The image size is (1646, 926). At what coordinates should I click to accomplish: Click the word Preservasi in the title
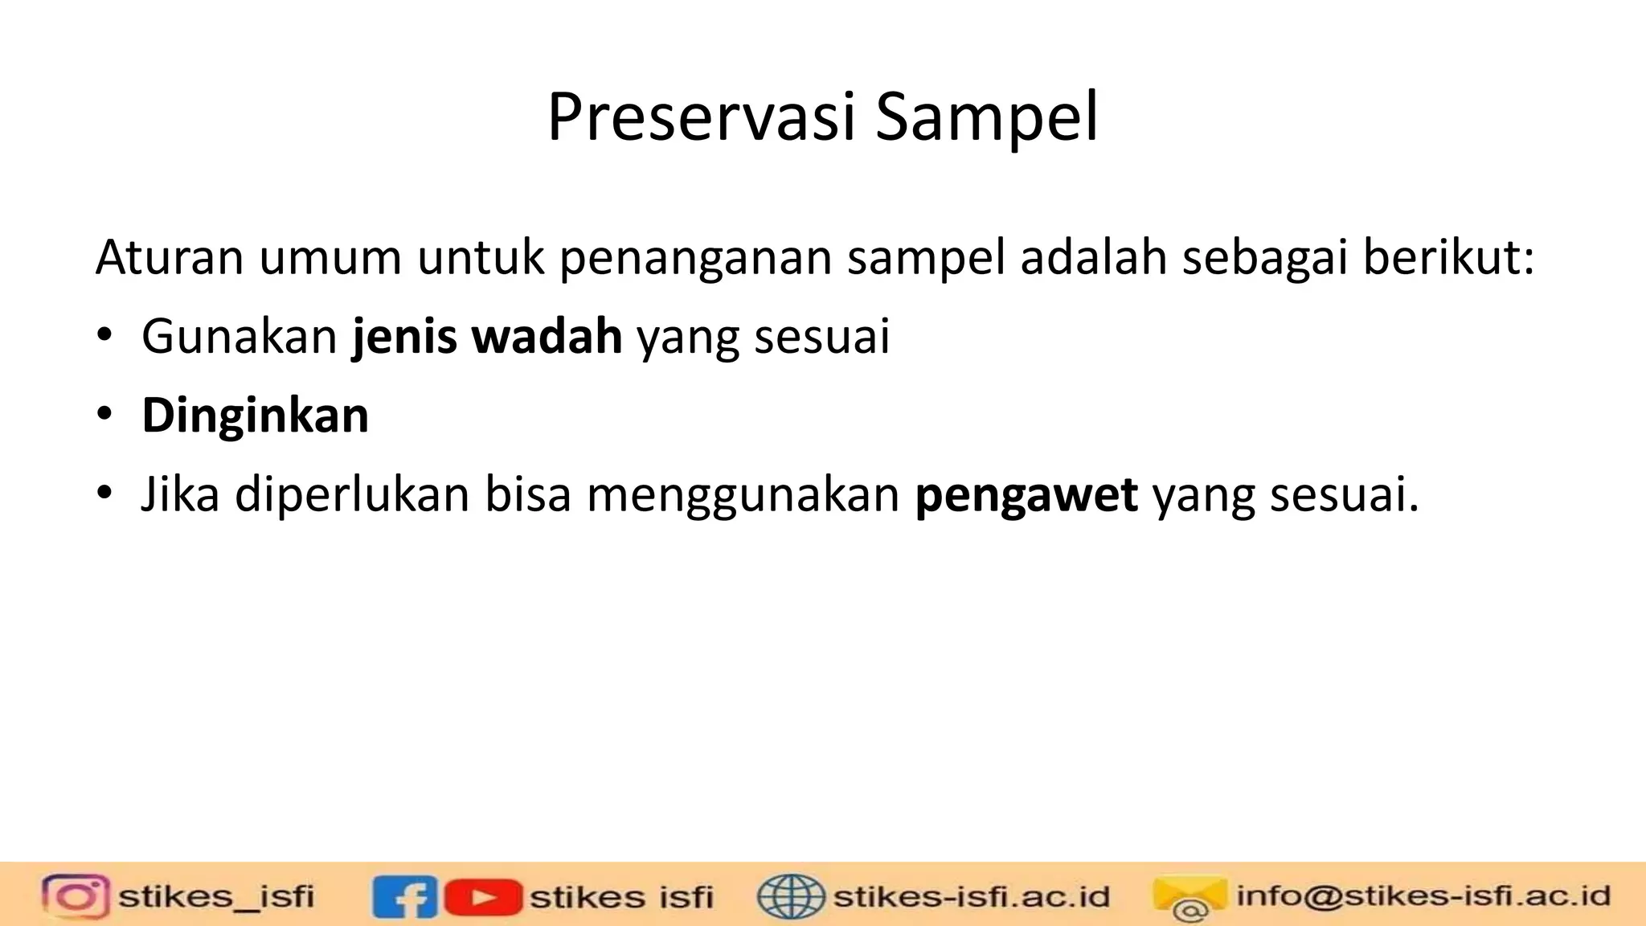pos(701,117)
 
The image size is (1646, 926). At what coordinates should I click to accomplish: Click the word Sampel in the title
pos(986,117)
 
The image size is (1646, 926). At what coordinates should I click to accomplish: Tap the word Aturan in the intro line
pos(169,258)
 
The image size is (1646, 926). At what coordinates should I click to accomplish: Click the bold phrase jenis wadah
pos(487,336)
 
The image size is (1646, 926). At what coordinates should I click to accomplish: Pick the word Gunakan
pos(240,336)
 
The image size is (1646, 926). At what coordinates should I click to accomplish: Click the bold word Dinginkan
pos(255,416)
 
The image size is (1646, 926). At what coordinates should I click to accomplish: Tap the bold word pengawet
pos(1026,494)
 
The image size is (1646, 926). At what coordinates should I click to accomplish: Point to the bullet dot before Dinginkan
pos(104,415)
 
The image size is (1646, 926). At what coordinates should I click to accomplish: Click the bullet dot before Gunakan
pos(104,336)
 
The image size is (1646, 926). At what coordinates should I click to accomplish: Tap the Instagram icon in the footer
pos(76,896)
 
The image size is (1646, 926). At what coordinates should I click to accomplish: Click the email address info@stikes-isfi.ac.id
pos(1423,895)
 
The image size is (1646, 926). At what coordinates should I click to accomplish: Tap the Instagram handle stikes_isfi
pos(216,896)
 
